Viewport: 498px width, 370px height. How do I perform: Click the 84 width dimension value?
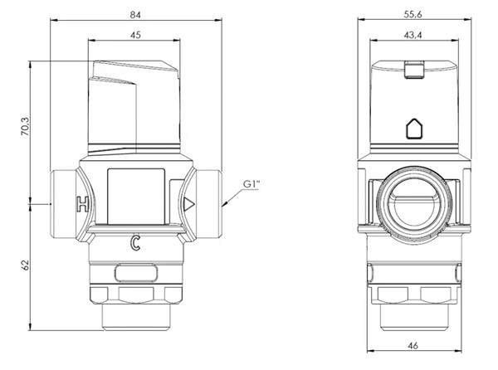coord(135,15)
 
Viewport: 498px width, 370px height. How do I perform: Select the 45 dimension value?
coord(135,35)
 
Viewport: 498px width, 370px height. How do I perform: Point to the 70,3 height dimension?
coord(25,127)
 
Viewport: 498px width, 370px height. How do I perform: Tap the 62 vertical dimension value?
coord(26,265)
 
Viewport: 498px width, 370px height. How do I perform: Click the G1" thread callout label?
coord(251,183)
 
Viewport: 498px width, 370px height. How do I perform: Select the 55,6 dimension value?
coord(413,14)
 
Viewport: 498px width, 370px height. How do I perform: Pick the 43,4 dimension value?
coord(413,35)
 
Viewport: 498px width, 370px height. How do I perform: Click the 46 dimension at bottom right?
coord(413,345)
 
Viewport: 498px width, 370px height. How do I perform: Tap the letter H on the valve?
coord(82,204)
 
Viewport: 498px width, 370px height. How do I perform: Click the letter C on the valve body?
coord(135,243)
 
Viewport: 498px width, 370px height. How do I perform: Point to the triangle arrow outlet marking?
coord(188,204)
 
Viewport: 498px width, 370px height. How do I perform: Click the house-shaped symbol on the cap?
coord(414,129)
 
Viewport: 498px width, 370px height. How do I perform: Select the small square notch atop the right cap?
coord(414,69)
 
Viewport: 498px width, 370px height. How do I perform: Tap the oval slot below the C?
coord(135,274)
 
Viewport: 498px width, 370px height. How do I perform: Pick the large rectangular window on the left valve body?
coord(136,196)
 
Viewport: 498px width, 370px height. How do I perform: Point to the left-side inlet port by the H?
coord(64,204)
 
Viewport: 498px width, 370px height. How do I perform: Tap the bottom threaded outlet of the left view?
coord(136,318)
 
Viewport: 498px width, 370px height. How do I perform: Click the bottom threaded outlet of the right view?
coord(414,318)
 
